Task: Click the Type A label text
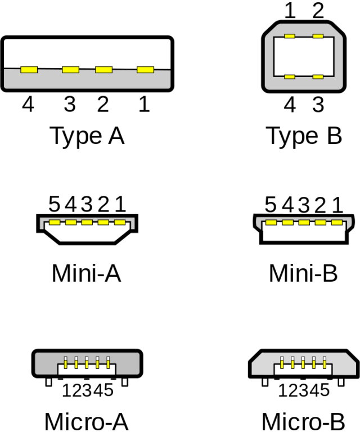87,136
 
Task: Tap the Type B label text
304,136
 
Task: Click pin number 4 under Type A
28,104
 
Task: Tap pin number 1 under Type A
145,104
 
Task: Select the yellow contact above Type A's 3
70,70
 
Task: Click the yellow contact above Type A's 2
103,70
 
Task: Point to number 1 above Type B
290,11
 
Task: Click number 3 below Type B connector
318,105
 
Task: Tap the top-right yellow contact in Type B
318,37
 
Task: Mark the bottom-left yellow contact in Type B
290,76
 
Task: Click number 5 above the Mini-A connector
54,204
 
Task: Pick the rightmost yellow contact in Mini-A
120,222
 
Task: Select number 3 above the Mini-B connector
304,205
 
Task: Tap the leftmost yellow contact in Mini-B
271,223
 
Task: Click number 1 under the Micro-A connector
66,390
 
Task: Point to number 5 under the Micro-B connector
326,390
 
